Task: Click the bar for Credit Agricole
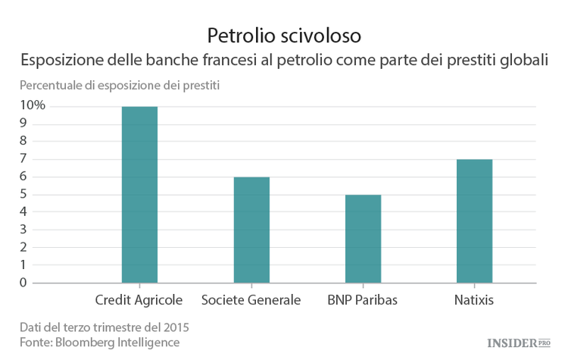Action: click(x=139, y=195)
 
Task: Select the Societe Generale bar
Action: click(x=251, y=230)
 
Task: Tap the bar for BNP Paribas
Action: click(x=363, y=239)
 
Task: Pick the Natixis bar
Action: click(x=474, y=221)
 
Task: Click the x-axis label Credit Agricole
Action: click(x=139, y=300)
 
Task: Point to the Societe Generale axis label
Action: click(x=251, y=300)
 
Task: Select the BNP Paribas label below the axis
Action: click(x=363, y=300)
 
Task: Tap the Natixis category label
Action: click(x=474, y=300)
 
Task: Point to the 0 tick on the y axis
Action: click(x=23, y=283)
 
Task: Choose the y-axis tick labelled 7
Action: click(x=23, y=158)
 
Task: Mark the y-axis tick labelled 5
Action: click(x=23, y=194)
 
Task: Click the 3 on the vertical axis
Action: click(x=23, y=230)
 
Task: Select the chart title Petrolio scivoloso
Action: click(x=284, y=35)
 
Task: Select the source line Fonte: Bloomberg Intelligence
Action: click(x=100, y=343)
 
